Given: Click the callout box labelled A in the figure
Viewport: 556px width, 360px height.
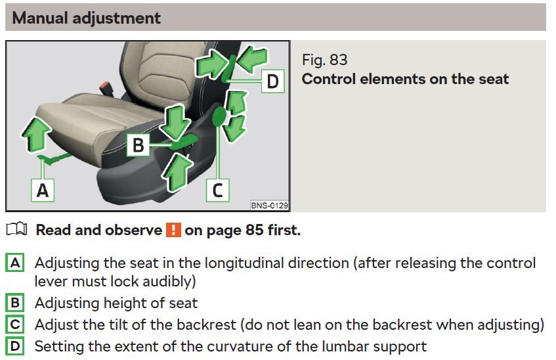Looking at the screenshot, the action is [43, 191].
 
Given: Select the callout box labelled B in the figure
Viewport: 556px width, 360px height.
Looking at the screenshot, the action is [138, 145].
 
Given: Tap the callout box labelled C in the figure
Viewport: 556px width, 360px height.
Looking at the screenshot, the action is [217, 191].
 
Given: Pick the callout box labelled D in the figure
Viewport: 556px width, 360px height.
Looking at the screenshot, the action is [272, 81].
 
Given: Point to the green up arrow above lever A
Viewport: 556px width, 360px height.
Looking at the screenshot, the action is [36, 135].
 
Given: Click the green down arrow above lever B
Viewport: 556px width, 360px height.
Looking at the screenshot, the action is [175, 122].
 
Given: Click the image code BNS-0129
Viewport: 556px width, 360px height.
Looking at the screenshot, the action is [270, 206].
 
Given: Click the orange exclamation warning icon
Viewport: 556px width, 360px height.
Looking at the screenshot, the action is [173, 230].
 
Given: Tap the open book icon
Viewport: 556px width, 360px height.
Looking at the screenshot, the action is [16, 229].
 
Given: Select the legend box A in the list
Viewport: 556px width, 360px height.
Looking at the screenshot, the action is [15, 263].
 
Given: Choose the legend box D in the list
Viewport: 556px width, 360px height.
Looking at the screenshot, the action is [15, 346].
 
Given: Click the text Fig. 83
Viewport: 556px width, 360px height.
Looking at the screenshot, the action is [324, 60].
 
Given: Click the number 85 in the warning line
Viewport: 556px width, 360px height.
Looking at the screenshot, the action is [254, 230].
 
